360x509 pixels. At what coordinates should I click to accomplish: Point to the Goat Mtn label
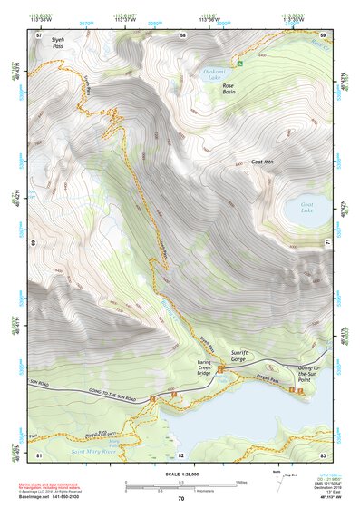click(x=263, y=163)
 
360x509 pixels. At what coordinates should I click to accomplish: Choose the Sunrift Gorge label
click(x=247, y=359)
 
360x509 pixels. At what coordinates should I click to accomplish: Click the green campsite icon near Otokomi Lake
click(x=240, y=64)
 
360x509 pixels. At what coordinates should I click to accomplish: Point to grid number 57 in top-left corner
click(x=39, y=35)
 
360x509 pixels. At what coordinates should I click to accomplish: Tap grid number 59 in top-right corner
click(x=323, y=35)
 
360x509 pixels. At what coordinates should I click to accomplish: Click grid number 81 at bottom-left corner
click(x=39, y=455)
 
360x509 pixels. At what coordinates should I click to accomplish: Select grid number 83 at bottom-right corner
click(x=323, y=455)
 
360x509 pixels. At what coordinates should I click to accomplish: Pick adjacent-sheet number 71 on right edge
click(x=327, y=243)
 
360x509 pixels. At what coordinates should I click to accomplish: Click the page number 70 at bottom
click(x=180, y=499)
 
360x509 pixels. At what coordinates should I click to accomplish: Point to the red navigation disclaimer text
click(x=60, y=475)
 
